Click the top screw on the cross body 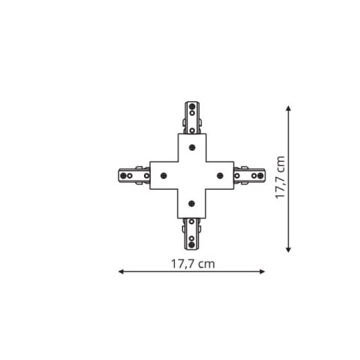click(x=192, y=147)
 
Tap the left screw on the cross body click(x=163, y=175)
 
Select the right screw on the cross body click(x=220, y=175)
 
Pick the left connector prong click(x=134, y=175)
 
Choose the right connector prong click(x=248, y=175)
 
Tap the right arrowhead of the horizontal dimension click(x=263, y=272)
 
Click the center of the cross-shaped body click(x=192, y=175)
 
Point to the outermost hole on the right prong click(x=259, y=175)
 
